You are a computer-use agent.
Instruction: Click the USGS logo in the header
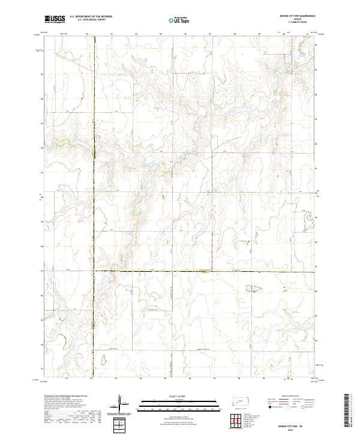(x=55, y=19)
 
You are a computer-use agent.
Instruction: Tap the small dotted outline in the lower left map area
(x=103, y=359)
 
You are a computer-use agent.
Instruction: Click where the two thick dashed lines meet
(x=94, y=271)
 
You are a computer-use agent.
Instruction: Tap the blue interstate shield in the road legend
(x=270, y=406)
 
